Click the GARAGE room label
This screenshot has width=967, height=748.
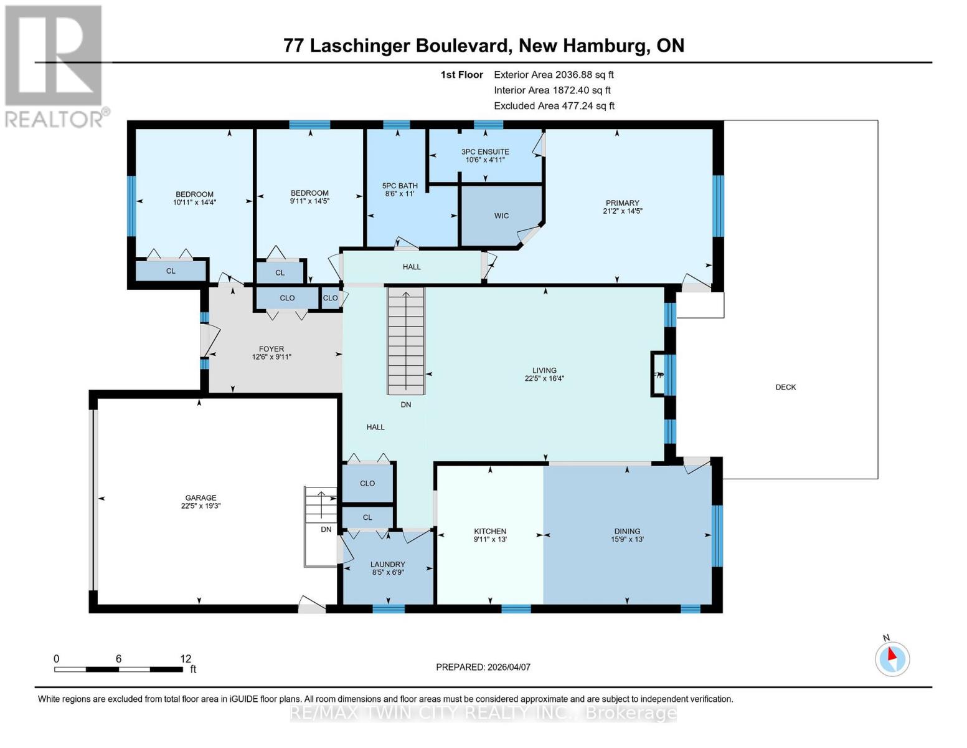click(x=200, y=497)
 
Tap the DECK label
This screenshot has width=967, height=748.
click(x=785, y=387)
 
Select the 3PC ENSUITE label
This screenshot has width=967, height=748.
click(x=485, y=151)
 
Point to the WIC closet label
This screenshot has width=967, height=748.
click(x=501, y=216)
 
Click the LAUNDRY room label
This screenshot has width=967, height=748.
click(x=388, y=564)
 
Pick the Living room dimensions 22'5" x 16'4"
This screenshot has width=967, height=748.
click(x=544, y=378)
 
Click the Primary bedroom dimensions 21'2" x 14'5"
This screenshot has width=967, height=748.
click(x=622, y=211)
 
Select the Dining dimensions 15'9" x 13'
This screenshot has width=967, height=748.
click(x=627, y=540)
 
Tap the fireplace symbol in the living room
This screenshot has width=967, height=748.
click(x=658, y=375)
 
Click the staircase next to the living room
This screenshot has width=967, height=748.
click(x=406, y=340)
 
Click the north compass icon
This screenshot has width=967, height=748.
click(x=892, y=658)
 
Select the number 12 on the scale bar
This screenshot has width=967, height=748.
click(x=186, y=659)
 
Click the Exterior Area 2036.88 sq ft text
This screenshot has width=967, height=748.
click(x=554, y=75)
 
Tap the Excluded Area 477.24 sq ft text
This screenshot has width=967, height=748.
click(x=554, y=106)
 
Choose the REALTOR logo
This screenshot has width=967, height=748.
click(x=55, y=65)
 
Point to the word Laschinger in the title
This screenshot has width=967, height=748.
click(x=362, y=46)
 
